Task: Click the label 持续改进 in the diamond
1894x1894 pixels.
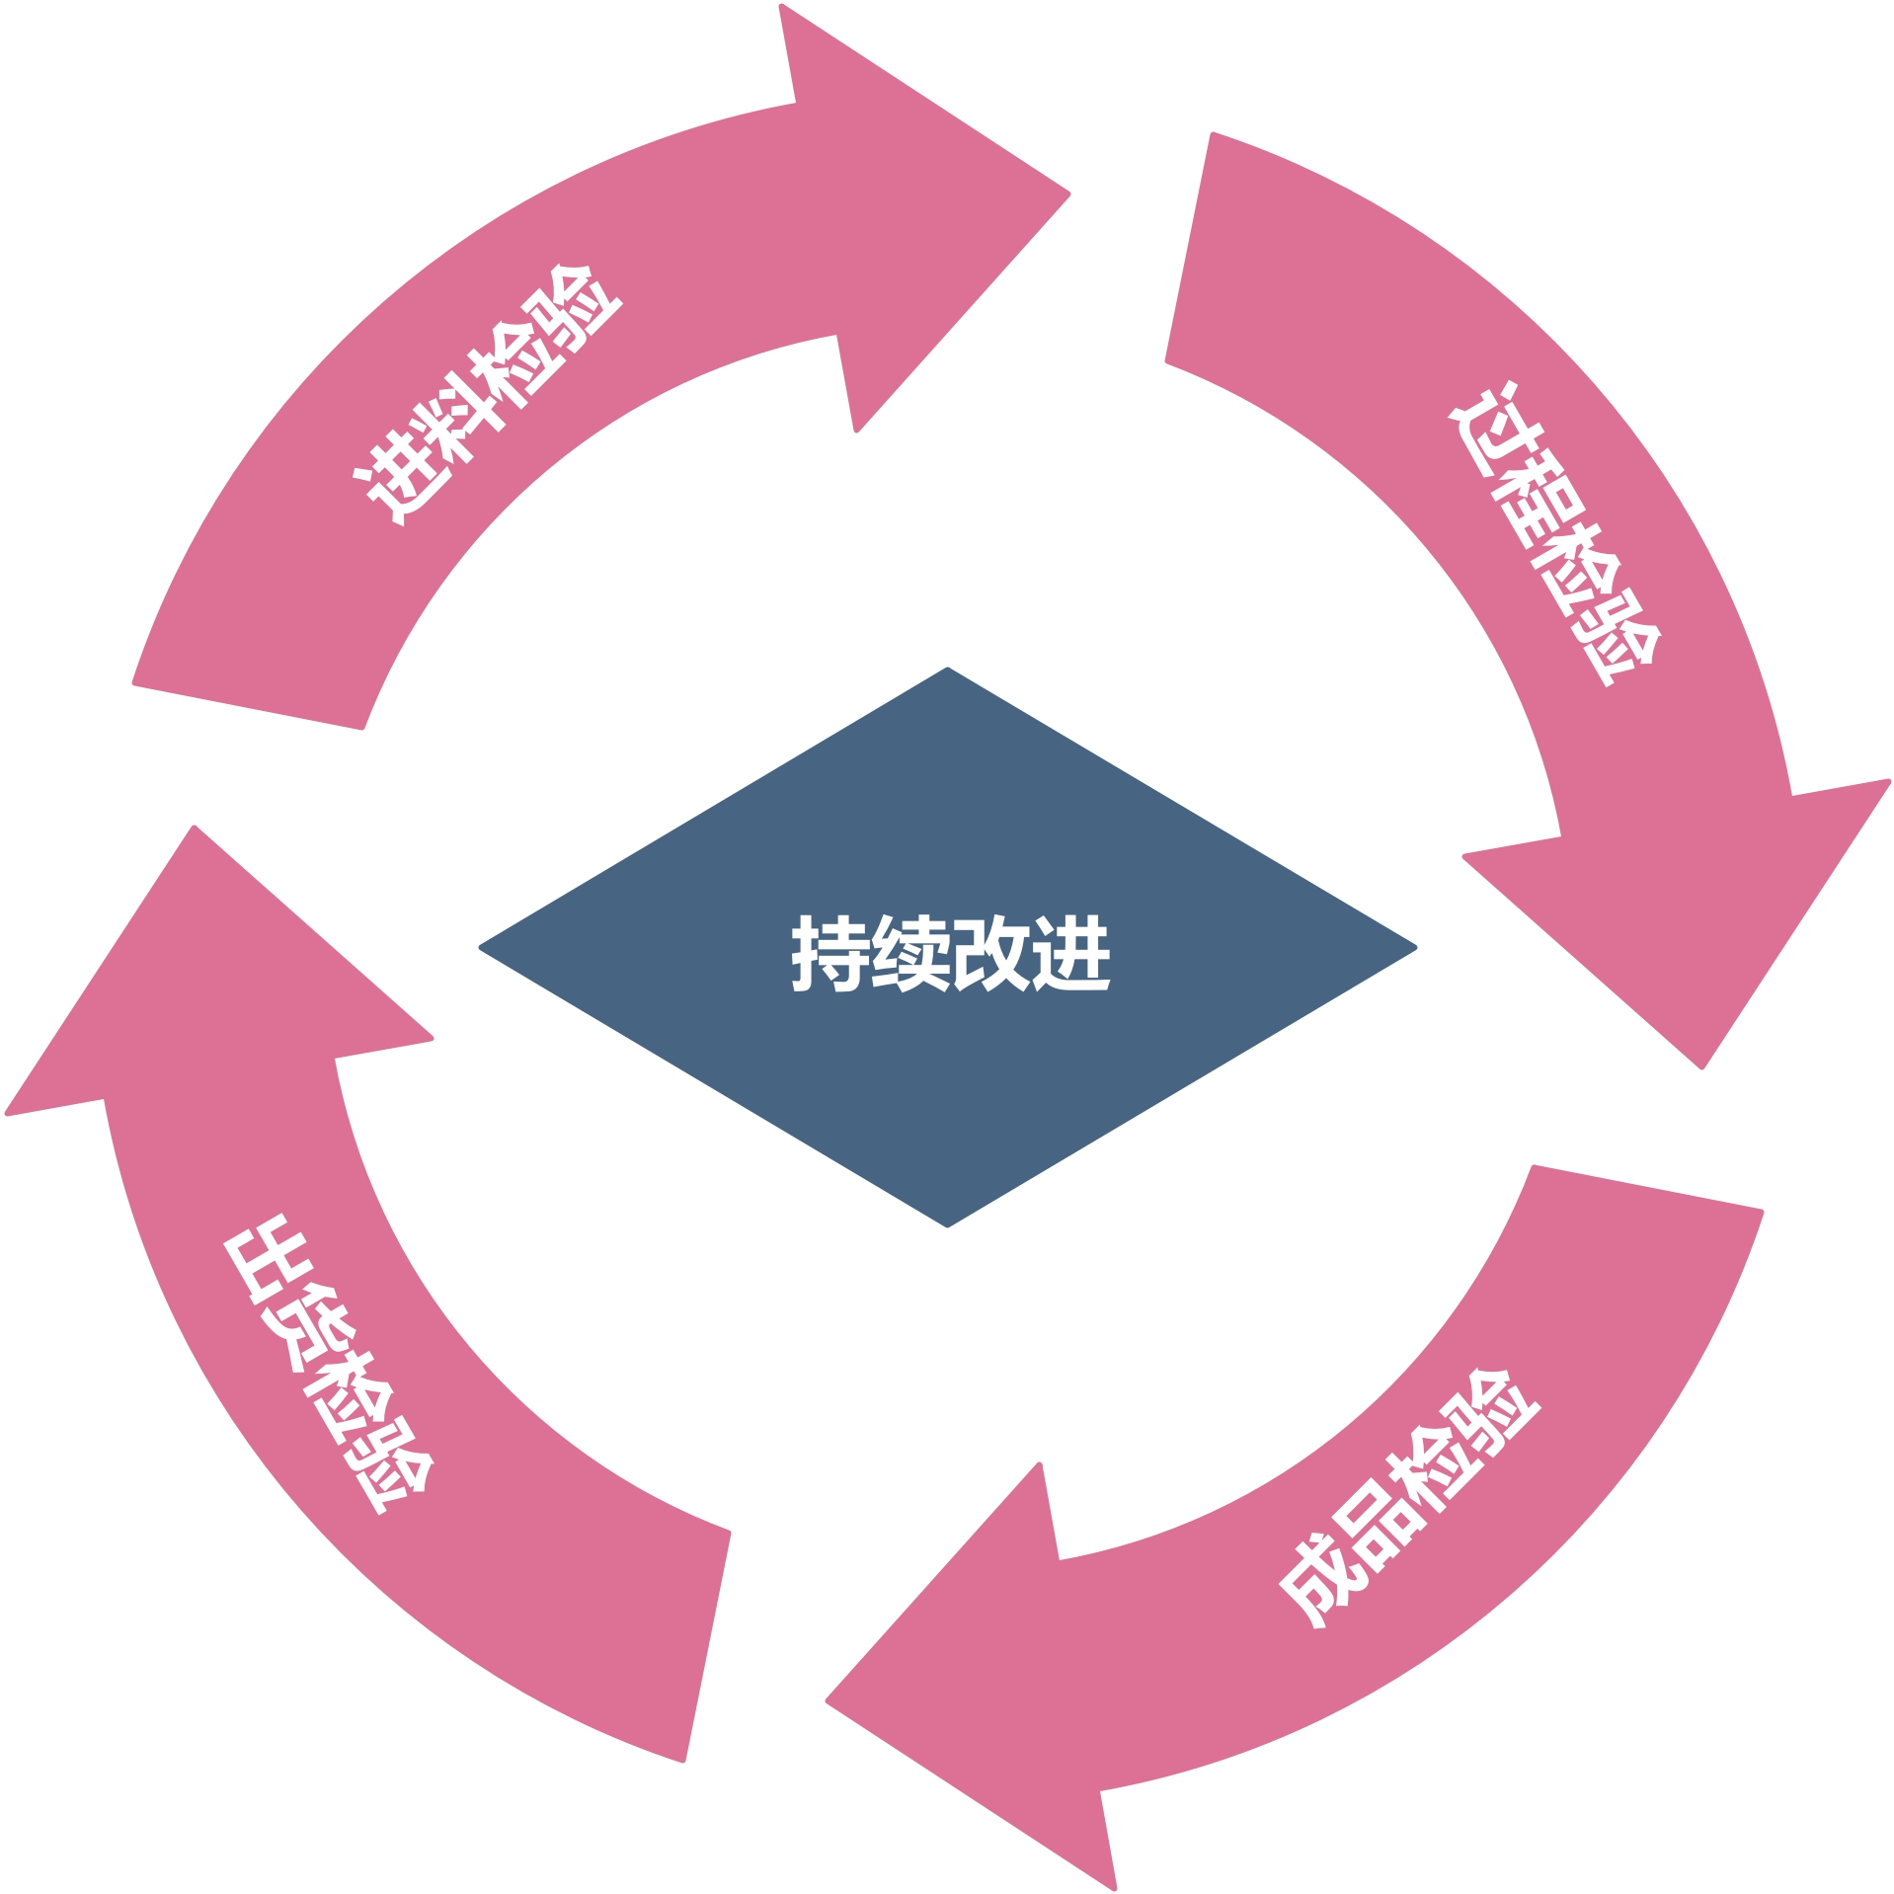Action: point(950,953)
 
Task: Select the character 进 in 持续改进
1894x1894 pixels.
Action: point(1071,953)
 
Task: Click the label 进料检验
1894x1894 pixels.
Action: point(487,396)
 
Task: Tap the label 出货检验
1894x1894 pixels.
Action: point(329,1364)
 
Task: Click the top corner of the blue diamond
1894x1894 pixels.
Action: point(947,670)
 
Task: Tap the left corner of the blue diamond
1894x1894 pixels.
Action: point(482,947)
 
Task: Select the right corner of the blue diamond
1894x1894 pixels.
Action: point(1414,947)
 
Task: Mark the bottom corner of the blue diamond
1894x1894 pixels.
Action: point(947,1225)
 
